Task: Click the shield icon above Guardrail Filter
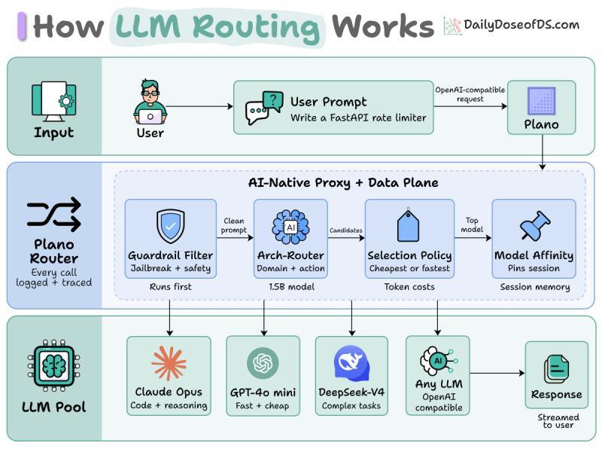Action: click(171, 227)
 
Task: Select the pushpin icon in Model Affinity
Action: click(534, 225)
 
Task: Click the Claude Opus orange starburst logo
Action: click(169, 363)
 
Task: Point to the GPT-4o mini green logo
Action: click(263, 362)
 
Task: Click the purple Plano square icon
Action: click(541, 101)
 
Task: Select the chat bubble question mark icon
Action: click(264, 108)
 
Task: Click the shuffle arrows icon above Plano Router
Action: click(53, 215)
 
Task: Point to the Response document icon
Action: click(556, 369)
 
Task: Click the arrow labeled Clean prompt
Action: click(235, 238)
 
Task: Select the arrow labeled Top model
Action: click(473, 238)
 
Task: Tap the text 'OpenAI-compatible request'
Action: click(470, 94)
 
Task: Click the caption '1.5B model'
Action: click(291, 287)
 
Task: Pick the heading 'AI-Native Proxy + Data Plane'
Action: click(343, 182)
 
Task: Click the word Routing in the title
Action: click(256, 27)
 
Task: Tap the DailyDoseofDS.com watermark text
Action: click(521, 25)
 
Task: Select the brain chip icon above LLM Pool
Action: click(53, 365)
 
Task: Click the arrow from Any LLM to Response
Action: click(497, 373)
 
